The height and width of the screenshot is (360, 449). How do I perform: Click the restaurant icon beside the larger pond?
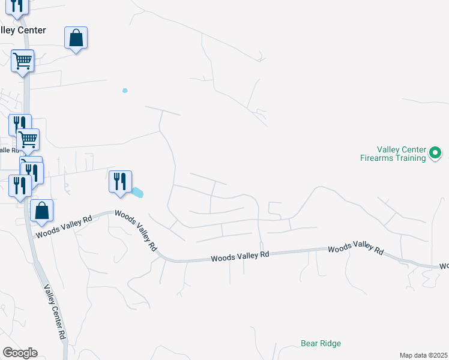(120, 181)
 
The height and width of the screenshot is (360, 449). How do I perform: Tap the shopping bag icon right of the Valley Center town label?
(76, 38)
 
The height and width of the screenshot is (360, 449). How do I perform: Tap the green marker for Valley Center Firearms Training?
(436, 154)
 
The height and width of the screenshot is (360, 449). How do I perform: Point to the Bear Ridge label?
(321, 344)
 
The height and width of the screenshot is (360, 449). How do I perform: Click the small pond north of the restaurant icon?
(125, 91)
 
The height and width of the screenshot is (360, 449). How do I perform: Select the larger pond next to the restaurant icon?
(138, 193)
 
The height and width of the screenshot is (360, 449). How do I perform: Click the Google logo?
(20, 353)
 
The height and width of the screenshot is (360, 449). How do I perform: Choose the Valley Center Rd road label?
(53, 312)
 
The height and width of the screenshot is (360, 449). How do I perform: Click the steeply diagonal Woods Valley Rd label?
(136, 230)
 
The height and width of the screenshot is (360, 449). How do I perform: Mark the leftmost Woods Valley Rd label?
(64, 225)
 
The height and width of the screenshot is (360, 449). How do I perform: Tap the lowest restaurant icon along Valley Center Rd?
(20, 186)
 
